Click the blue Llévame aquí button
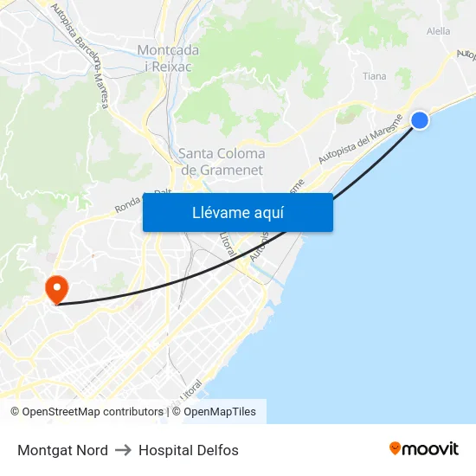tap(237, 213)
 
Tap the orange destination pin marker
tap(57, 288)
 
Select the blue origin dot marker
tap(419, 120)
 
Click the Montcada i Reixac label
tap(168, 58)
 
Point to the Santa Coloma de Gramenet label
tap(222, 162)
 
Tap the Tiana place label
tap(375, 76)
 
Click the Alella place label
tap(438, 31)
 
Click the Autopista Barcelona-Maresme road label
tap(80, 56)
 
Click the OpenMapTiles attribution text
tap(219, 412)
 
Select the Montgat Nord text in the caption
tap(62, 450)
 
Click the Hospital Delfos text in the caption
tap(189, 450)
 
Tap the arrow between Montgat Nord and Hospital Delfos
tap(123, 450)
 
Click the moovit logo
tap(424, 448)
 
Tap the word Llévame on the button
tap(218, 213)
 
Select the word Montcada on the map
tap(168, 50)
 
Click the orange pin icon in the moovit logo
tap(396, 448)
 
